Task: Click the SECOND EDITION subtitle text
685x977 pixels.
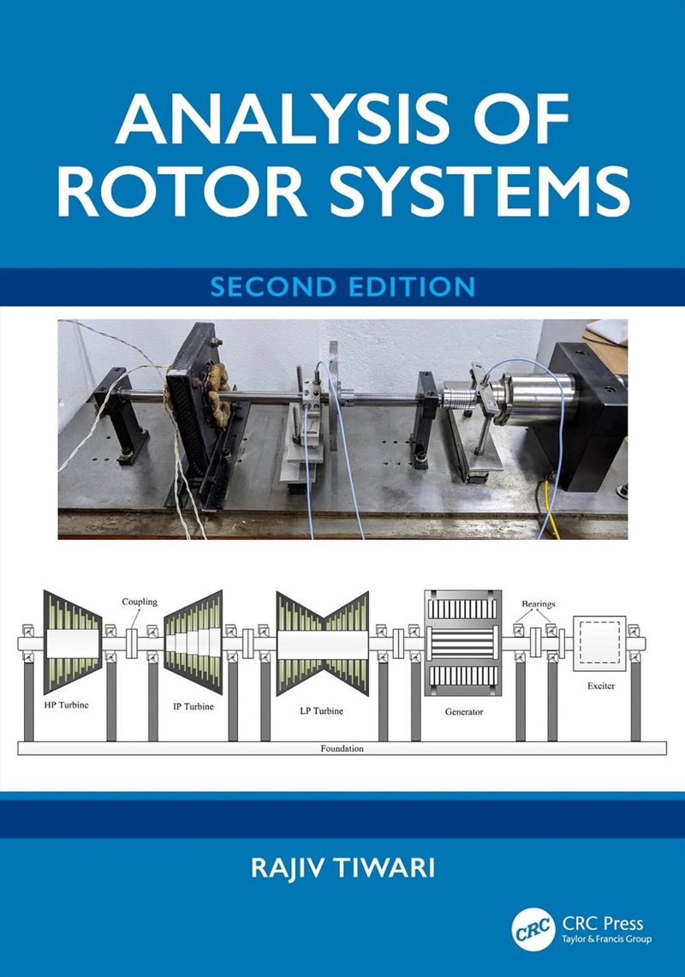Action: [342, 285]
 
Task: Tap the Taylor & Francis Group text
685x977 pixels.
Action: [606, 940]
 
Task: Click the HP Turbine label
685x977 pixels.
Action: [67, 704]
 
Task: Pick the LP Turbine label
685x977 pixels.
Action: [321, 710]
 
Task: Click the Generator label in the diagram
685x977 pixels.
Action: [464, 712]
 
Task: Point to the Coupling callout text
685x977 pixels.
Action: [139, 602]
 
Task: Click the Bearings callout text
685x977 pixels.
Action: [538, 603]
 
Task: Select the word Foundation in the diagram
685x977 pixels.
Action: [342, 748]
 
